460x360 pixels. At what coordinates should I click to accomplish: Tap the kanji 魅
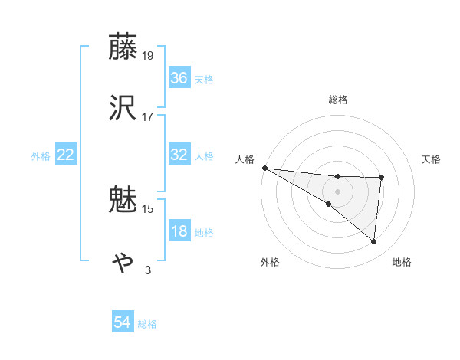[124, 199]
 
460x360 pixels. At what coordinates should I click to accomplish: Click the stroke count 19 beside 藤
[149, 55]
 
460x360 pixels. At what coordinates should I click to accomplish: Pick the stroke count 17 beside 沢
[148, 116]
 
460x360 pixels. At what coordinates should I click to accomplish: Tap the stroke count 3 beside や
[148, 270]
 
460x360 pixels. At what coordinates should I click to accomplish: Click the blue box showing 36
[179, 78]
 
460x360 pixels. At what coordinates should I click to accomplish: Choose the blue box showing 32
[179, 155]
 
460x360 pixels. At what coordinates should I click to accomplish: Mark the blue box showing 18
[179, 231]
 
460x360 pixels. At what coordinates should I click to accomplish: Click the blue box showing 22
[66, 155]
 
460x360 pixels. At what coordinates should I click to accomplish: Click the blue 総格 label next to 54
[147, 324]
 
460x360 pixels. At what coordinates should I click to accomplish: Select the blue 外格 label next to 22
[41, 155]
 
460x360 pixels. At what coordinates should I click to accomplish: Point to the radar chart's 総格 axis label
[338, 100]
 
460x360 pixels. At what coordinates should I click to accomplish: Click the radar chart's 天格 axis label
[432, 159]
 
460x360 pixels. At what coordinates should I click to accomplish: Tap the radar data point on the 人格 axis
[264, 168]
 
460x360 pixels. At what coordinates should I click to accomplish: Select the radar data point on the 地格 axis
[374, 241]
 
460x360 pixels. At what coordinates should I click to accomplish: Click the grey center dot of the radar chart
[338, 191]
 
